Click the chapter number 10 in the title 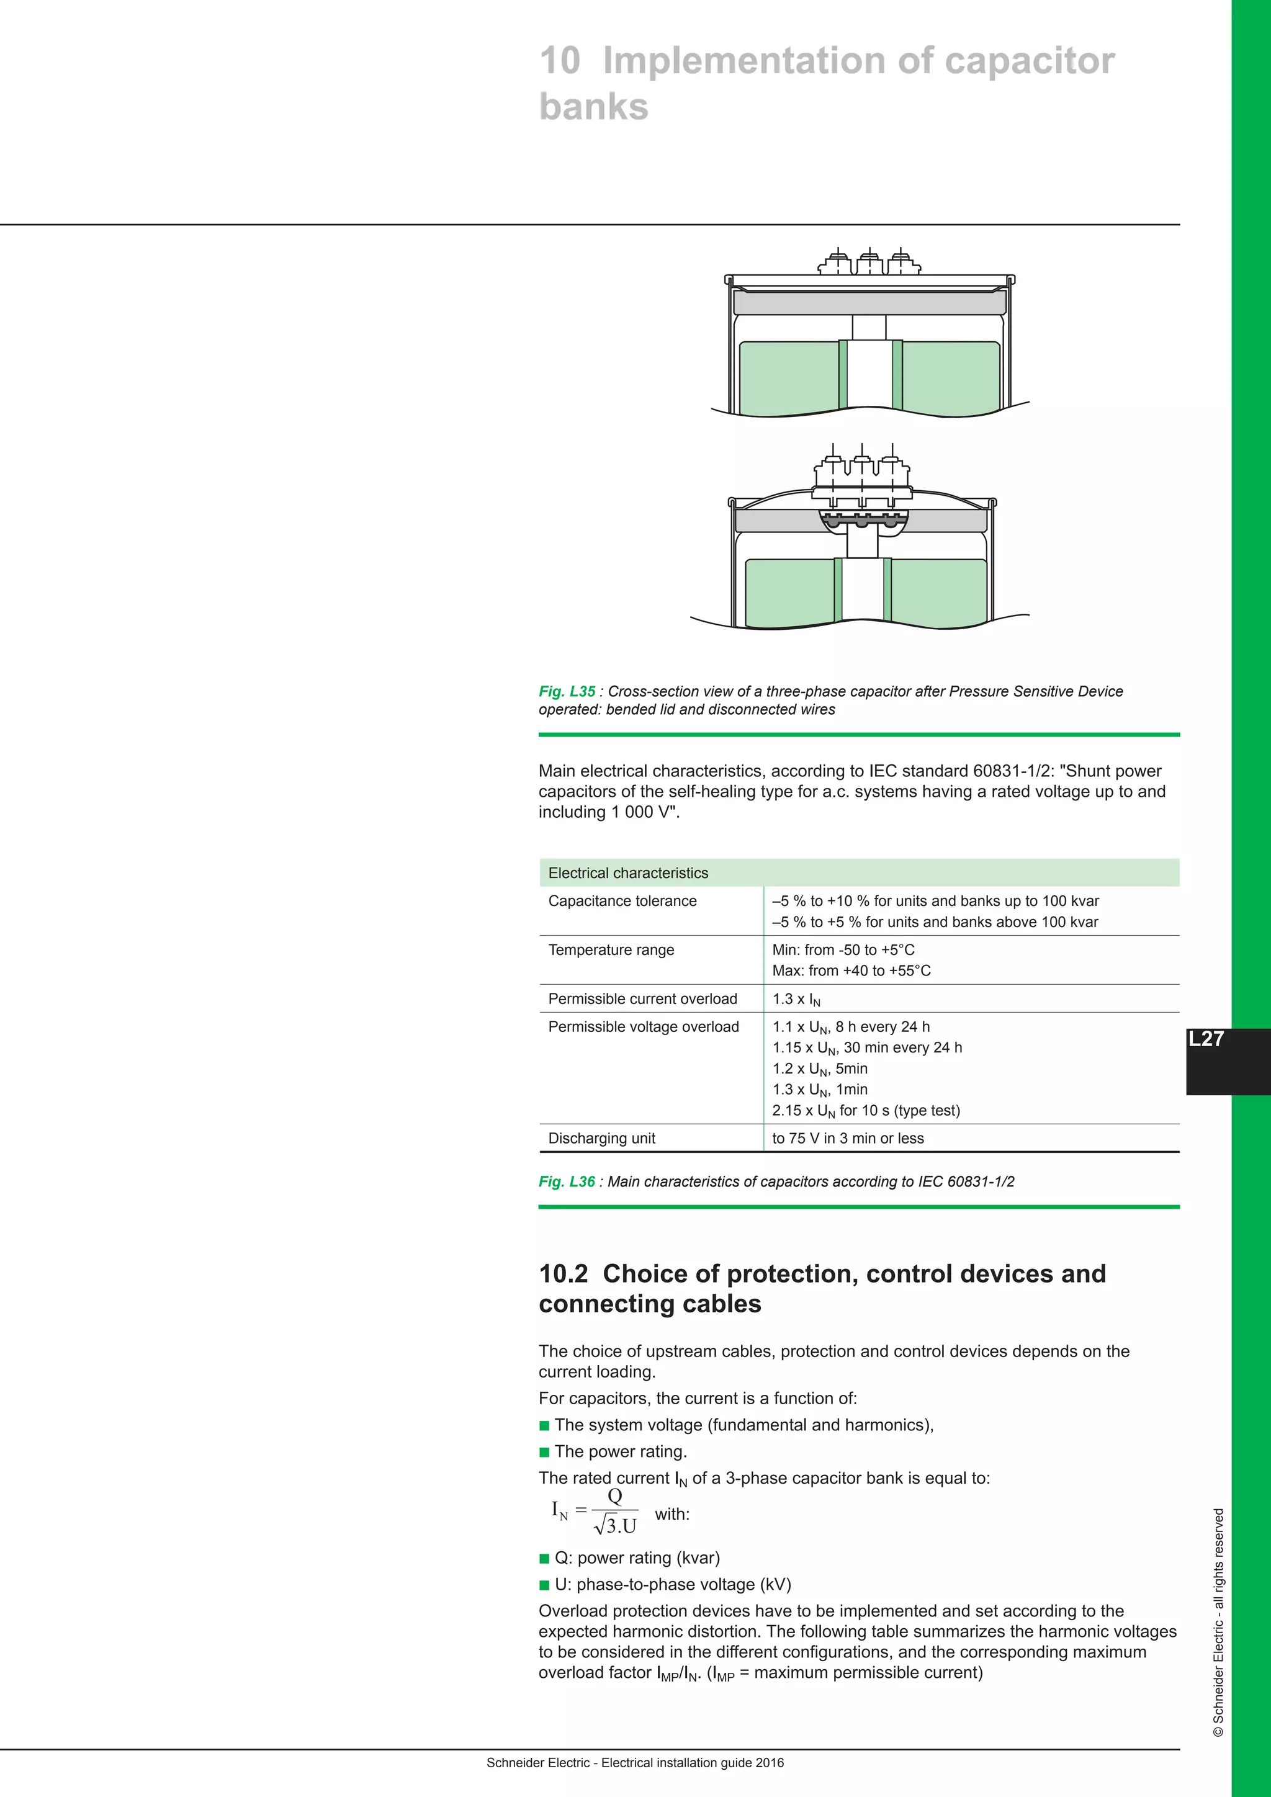560,61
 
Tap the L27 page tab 1206,1039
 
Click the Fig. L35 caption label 567,691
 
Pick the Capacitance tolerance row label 622,901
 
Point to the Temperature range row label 611,949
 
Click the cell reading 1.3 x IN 796,1000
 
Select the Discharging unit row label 602,1138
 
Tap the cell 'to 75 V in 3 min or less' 848,1138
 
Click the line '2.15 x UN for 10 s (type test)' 866,1111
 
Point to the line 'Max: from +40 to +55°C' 851,970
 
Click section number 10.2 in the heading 563,1273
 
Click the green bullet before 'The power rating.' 545,1452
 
